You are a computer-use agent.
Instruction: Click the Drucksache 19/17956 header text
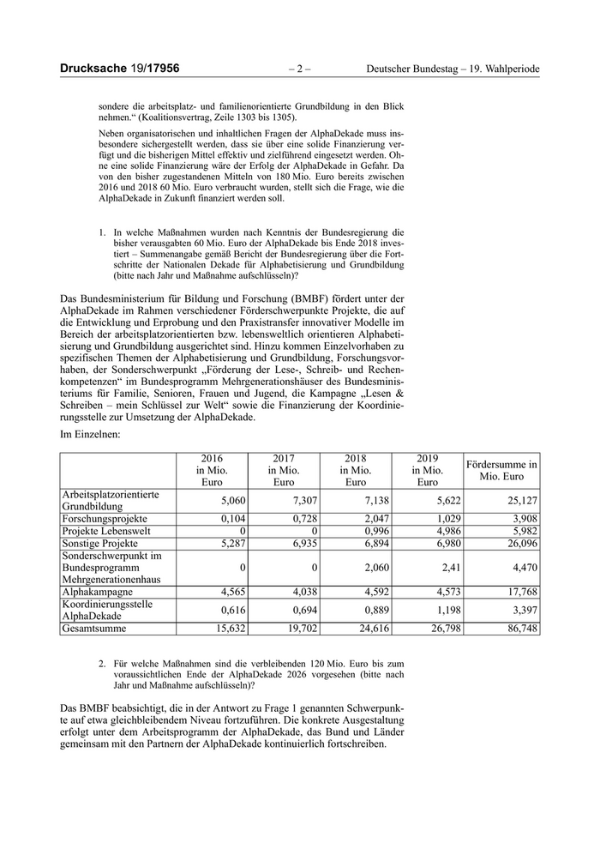coord(119,69)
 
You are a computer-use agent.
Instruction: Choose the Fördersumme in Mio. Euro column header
coord(501,470)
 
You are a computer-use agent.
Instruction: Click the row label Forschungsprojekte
coord(105,519)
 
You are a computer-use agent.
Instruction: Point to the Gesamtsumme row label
coord(93,628)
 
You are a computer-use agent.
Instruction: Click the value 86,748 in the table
coord(522,629)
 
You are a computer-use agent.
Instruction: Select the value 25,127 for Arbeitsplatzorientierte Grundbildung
coord(522,501)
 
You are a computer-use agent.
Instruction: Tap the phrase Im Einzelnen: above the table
coord(90,435)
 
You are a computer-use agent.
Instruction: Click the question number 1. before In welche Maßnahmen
coord(102,232)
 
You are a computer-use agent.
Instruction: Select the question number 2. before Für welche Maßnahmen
coord(102,664)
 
